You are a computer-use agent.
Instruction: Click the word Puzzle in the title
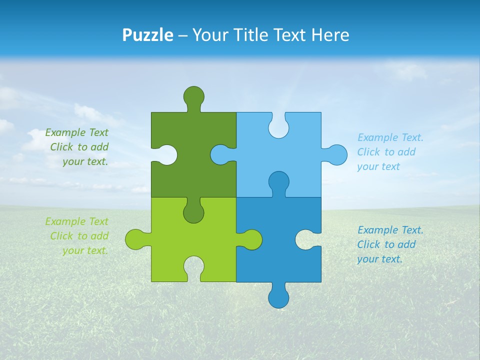point(148,35)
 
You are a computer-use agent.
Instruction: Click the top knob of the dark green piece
point(193,96)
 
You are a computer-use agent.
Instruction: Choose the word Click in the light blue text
point(369,152)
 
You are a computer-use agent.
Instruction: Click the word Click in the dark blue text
point(369,244)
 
